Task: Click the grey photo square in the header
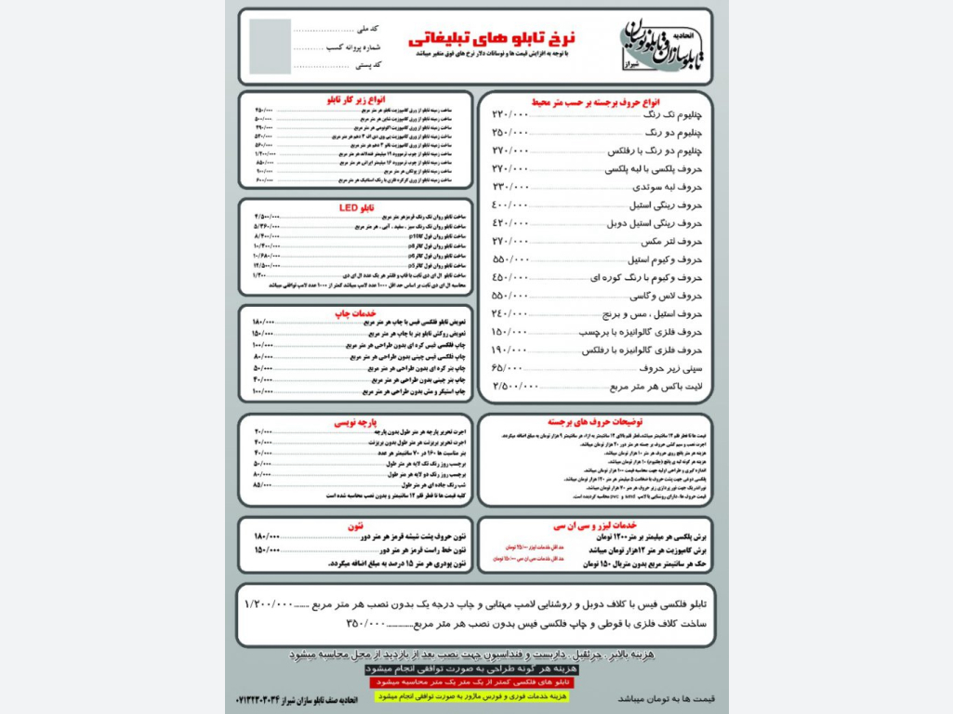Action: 270,46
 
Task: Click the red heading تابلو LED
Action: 355,207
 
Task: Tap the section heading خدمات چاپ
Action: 359,313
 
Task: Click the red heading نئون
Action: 354,525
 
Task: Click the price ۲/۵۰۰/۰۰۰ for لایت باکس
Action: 515,386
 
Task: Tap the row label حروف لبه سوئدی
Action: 664,187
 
